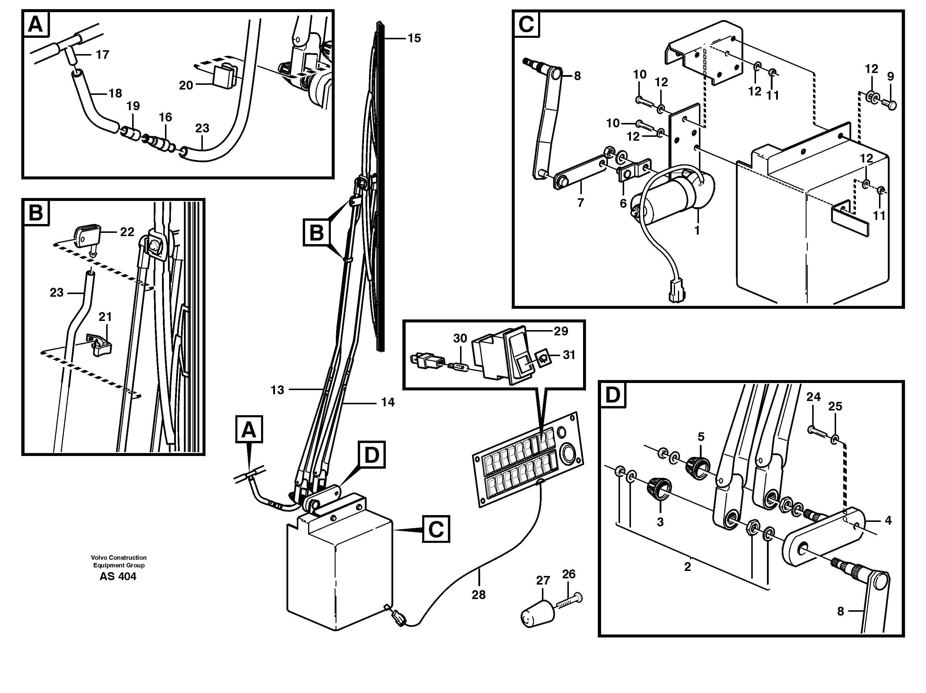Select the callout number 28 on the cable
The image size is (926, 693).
(x=478, y=595)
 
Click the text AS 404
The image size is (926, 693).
(x=118, y=577)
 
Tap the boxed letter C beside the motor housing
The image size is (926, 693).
(x=436, y=530)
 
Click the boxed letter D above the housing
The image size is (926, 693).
(x=371, y=456)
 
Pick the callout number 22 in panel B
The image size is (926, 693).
(x=127, y=232)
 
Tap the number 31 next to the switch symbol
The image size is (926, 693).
(x=569, y=355)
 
